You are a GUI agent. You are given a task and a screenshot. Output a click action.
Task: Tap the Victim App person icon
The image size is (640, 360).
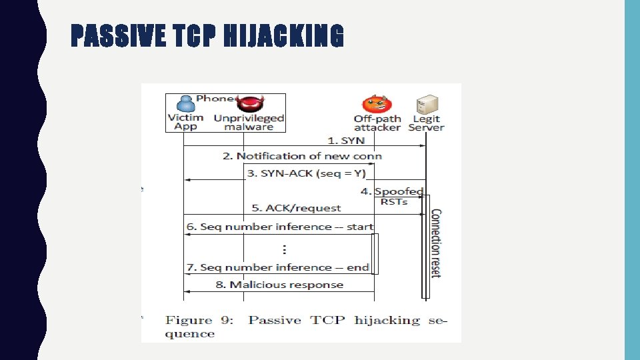coord(185,104)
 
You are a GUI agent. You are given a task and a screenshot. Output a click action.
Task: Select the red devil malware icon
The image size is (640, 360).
coord(250,105)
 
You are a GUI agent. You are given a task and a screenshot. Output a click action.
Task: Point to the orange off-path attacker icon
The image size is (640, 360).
coord(377,105)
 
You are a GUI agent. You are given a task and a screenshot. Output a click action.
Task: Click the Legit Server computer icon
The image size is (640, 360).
coord(426,105)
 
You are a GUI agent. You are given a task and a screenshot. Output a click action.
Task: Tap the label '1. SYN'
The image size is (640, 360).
coord(346,141)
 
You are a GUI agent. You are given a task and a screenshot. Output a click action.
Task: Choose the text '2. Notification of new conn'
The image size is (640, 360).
coord(302,156)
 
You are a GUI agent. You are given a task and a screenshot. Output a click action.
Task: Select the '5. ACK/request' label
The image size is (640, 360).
coord(293,208)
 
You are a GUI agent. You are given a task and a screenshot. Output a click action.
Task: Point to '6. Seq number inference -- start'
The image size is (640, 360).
coord(279,227)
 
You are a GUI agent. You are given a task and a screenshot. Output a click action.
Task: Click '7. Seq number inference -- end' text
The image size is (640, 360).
coord(277,267)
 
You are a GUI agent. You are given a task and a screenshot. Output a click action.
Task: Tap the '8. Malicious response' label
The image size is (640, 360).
coord(279,285)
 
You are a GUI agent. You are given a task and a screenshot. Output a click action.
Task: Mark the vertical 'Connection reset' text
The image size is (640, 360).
coord(435,243)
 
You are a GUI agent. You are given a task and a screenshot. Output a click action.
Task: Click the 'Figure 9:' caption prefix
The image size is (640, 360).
coord(199,320)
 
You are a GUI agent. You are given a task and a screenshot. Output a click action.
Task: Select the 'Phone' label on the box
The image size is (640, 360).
coord(215,98)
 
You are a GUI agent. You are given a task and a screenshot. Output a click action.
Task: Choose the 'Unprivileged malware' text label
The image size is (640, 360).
coord(249,122)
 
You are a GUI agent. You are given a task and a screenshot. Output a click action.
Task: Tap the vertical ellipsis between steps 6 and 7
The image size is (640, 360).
coord(285,249)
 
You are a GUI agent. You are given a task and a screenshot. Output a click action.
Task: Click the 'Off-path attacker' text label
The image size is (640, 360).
coord(377,123)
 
